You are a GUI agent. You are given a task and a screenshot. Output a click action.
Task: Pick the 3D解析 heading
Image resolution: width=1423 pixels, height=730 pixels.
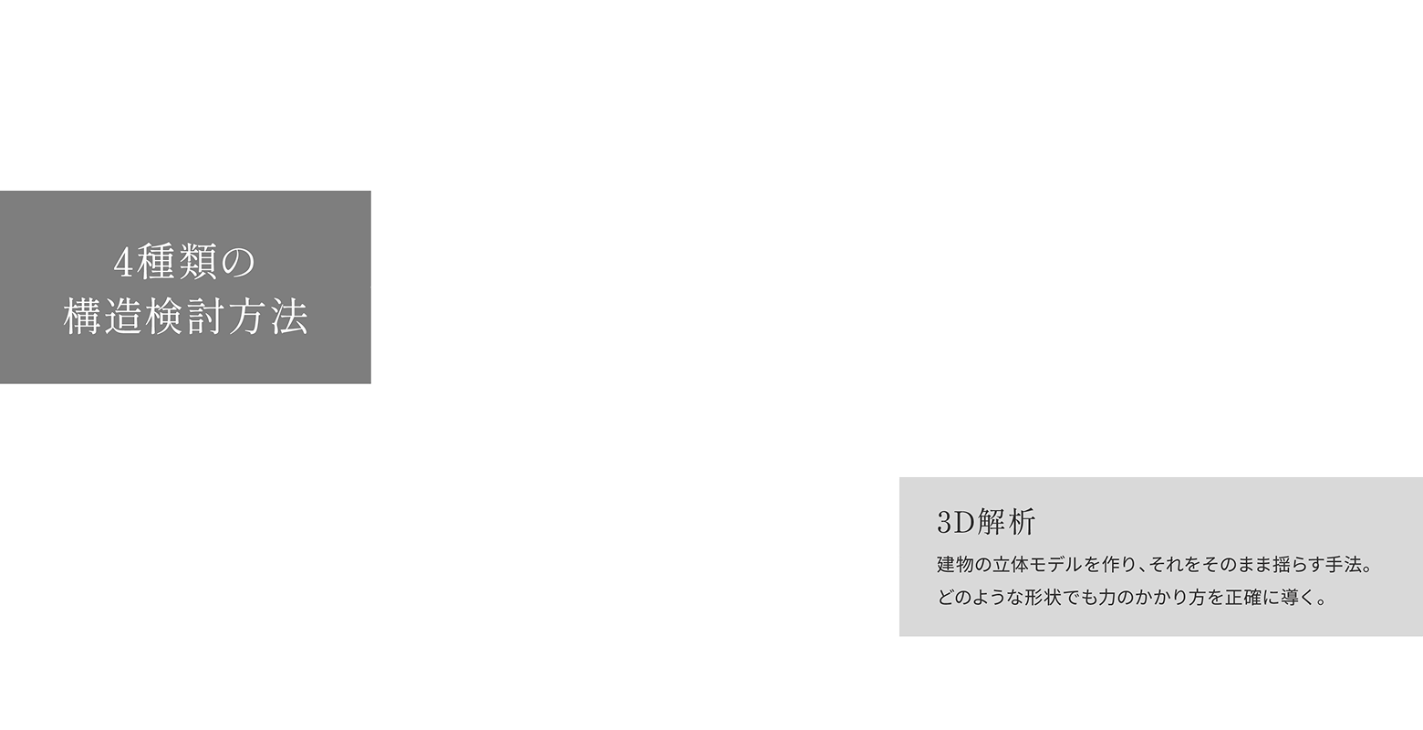(x=986, y=522)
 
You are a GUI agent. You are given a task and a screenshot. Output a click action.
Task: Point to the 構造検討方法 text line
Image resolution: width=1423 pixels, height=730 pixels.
(x=185, y=318)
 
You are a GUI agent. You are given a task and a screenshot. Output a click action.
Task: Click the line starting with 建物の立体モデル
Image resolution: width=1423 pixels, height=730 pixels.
(x=1154, y=565)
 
